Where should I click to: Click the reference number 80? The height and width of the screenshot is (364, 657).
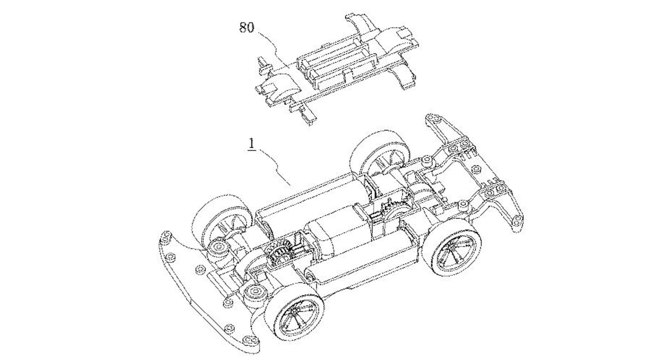click(x=247, y=27)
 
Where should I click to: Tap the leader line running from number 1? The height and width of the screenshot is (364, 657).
click(x=276, y=167)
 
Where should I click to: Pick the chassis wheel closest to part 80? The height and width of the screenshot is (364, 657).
click(x=381, y=156)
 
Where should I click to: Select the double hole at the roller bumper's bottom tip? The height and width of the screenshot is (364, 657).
click(x=250, y=340)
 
